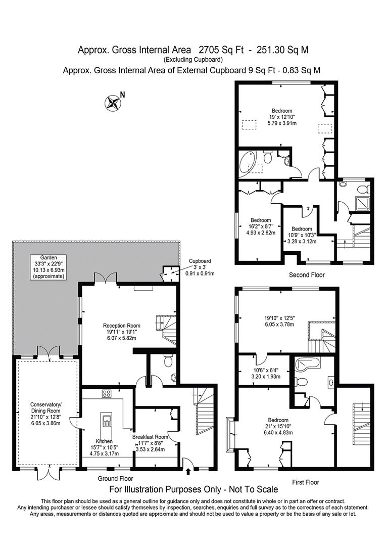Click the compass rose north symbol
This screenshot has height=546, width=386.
coord(113,103)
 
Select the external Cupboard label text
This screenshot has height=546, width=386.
coord(201,261)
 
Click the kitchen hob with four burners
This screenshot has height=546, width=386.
coord(107,393)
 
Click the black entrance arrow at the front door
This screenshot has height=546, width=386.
coord(189,472)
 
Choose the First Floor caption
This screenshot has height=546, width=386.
coord(306,482)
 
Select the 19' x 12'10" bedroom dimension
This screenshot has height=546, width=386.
coord(282,117)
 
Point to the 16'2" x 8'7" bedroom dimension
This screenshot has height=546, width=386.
coord(261,226)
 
